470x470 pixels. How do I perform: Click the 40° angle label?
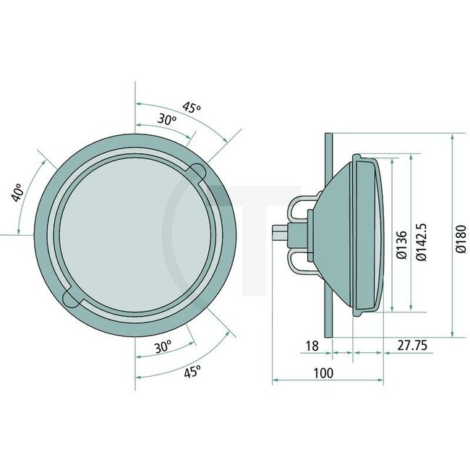click(20, 192)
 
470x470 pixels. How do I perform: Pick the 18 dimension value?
click(312, 346)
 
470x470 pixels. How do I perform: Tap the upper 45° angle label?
click(192, 108)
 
